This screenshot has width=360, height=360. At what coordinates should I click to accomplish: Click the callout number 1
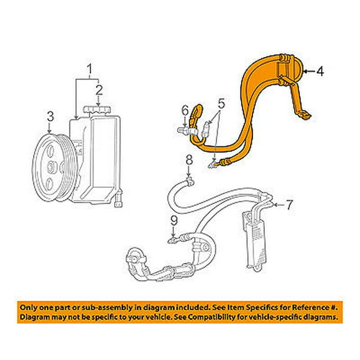click(x=90, y=69)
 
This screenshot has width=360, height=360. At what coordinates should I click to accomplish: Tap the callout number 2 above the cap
click(x=99, y=91)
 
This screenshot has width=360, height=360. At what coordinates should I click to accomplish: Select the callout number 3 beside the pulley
click(x=51, y=116)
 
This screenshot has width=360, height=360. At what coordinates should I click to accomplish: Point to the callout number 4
click(x=320, y=71)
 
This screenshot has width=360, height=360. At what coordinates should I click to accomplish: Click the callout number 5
click(x=221, y=104)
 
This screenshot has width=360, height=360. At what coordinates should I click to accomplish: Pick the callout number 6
click(x=185, y=111)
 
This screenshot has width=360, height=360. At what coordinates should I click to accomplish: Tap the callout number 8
click(x=189, y=160)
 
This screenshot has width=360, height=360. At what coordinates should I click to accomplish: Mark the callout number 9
click(x=174, y=221)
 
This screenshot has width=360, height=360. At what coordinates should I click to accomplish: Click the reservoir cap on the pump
click(x=97, y=110)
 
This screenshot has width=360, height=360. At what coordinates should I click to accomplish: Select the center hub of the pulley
click(x=51, y=168)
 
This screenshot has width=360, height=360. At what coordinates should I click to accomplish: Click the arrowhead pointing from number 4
click(x=306, y=72)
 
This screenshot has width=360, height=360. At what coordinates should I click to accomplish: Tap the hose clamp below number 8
click(x=191, y=182)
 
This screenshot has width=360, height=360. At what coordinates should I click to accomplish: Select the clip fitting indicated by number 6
click(x=185, y=131)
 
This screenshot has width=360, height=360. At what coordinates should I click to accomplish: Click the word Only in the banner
click(x=26, y=308)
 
